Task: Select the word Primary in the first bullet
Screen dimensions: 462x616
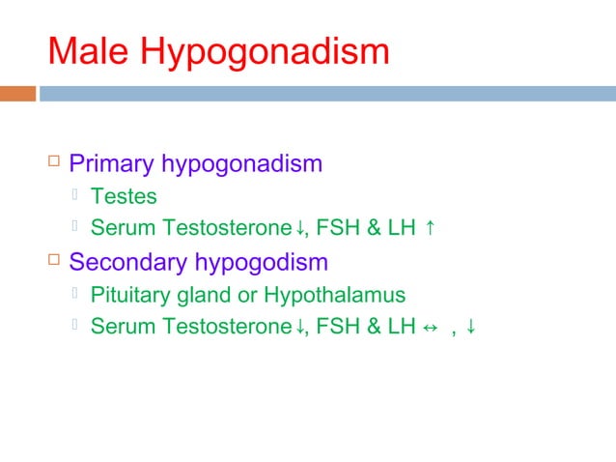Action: click(x=112, y=164)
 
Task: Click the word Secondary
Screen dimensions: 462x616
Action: click(x=128, y=262)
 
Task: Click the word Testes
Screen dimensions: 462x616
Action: click(x=123, y=197)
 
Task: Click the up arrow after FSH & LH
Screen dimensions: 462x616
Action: click(x=430, y=229)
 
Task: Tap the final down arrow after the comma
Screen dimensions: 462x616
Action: click(x=470, y=327)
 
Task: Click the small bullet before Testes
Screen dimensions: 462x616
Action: click(x=77, y=197)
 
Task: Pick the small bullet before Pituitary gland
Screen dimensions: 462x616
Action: click(x=77, y=295)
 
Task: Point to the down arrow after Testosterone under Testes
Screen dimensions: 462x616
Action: click(x=300, y=229)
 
